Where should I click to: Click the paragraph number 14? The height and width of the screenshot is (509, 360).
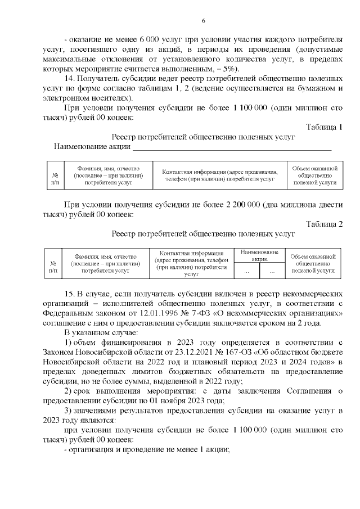70,79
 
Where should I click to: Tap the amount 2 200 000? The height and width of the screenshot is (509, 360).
243,204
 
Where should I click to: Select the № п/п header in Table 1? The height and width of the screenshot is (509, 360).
55,175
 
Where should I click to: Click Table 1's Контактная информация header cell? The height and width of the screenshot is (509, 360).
220,175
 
